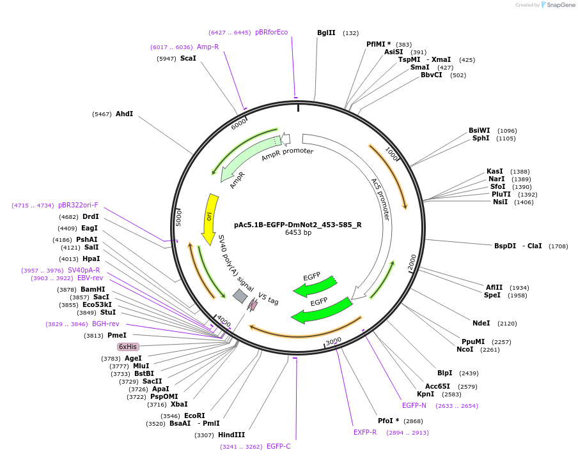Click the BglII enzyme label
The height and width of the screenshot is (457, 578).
(326, 33)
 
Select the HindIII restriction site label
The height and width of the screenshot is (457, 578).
(231, 435)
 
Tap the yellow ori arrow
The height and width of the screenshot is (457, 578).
(209, 219)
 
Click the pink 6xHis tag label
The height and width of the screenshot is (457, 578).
(128, 347)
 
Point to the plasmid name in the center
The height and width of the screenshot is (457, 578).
(298, 225)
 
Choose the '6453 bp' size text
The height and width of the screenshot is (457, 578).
(298, 233)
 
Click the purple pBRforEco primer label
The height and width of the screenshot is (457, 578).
(271, 32)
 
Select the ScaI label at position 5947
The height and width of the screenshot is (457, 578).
(188, 58)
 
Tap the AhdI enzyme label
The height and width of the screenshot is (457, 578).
(124, 114)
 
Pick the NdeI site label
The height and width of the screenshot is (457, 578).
(481, 323)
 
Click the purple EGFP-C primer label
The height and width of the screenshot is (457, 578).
(278, 446)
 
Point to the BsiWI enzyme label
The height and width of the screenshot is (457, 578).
(480, 130)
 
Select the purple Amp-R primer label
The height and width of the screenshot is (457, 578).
(208, 47)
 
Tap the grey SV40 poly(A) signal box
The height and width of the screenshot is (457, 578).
(240, 296)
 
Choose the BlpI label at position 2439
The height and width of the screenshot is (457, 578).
(444, 373)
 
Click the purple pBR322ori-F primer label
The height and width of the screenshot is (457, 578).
(78, 205)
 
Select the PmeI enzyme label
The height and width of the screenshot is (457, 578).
(116, 335)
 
